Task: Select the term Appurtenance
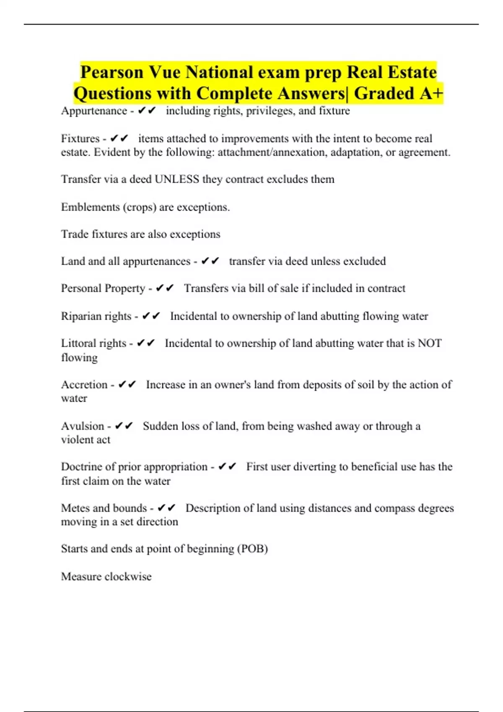point(94,111)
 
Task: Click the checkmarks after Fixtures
point(119,138)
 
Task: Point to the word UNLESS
point(177,179)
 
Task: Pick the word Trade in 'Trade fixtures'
point(75,234)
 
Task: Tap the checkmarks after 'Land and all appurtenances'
point(210,261)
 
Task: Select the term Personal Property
point(103,289)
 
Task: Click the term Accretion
point(84,384)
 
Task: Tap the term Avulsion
point(83,426)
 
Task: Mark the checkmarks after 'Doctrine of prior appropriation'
point(228,467)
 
